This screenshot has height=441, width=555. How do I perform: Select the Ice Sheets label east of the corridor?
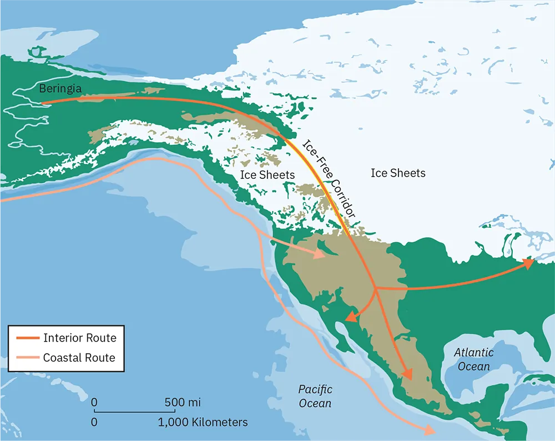[398, 173]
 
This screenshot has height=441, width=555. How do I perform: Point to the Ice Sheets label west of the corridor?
[267, 174]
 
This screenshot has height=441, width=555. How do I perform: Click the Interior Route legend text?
[80, 338]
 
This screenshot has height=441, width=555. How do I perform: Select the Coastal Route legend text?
[79, 358]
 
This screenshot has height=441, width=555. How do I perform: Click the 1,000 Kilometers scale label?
[203, 422]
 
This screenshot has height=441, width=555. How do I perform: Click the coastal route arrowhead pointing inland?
[321, 255]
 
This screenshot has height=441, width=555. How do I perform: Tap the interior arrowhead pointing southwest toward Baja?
[350, 318]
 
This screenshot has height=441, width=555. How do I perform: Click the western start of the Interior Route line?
[43, 102]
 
